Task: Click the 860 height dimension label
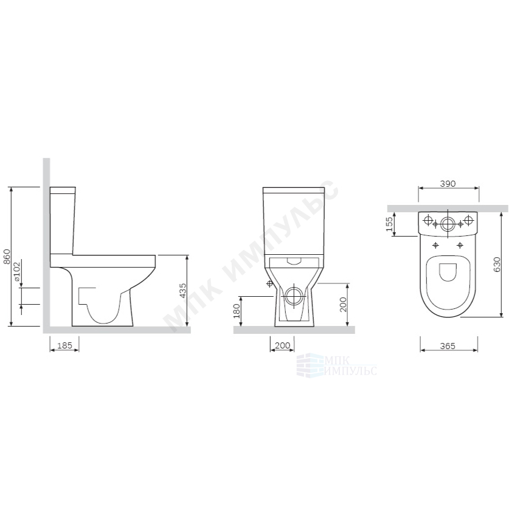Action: (7, 257)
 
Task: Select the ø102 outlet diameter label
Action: (17, 271)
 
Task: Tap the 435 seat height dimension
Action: (183, 291)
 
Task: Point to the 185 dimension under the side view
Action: (64, 345)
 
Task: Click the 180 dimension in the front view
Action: (237, 311)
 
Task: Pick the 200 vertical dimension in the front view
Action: (343, 305)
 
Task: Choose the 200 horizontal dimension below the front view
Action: (282, 345)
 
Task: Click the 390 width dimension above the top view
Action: (448, 184)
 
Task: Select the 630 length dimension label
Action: (497, 265)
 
